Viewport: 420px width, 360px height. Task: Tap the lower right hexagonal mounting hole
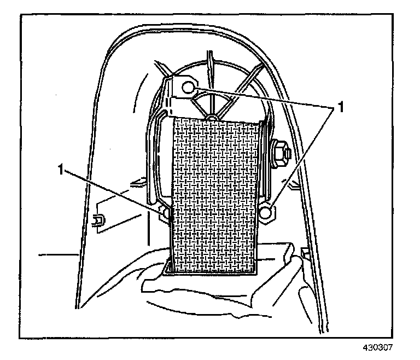coord(267,213)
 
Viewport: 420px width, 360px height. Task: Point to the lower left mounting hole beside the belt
coord(164,213)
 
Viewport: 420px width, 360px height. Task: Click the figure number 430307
coord(377,347)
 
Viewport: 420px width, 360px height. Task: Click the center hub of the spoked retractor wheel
coord(212,118)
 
